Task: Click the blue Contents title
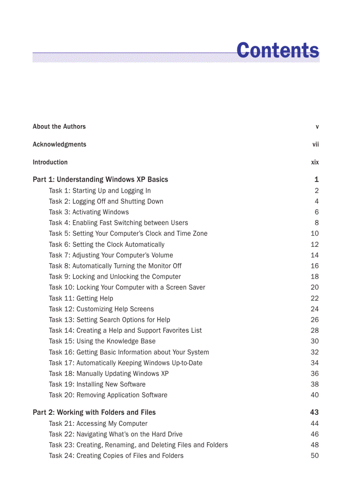pos(277,50)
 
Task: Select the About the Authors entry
pos(59,127)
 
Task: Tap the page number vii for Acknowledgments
pos(315,145)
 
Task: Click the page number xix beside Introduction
pos(315,162)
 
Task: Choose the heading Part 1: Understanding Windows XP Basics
pos(100,179)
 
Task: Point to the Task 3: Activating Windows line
pos(89,212)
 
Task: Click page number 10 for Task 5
pos(315,234)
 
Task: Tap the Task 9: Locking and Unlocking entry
pos(115,277)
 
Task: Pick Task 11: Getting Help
pos(81,298)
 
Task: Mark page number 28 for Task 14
pos(315,331)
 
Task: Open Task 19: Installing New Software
pos(97,384)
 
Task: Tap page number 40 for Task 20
pos(315,395)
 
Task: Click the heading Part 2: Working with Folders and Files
pos(94,413)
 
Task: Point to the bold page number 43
pos(314,413)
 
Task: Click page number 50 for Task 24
pos(315,456)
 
